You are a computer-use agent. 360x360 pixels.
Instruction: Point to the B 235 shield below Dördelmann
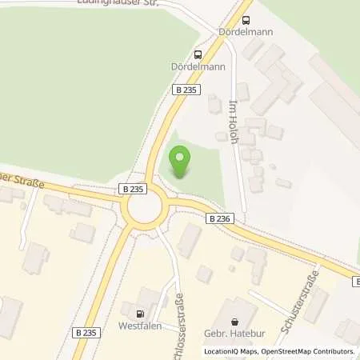[185, 90]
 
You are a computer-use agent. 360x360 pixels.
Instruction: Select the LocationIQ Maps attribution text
[230, 351]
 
